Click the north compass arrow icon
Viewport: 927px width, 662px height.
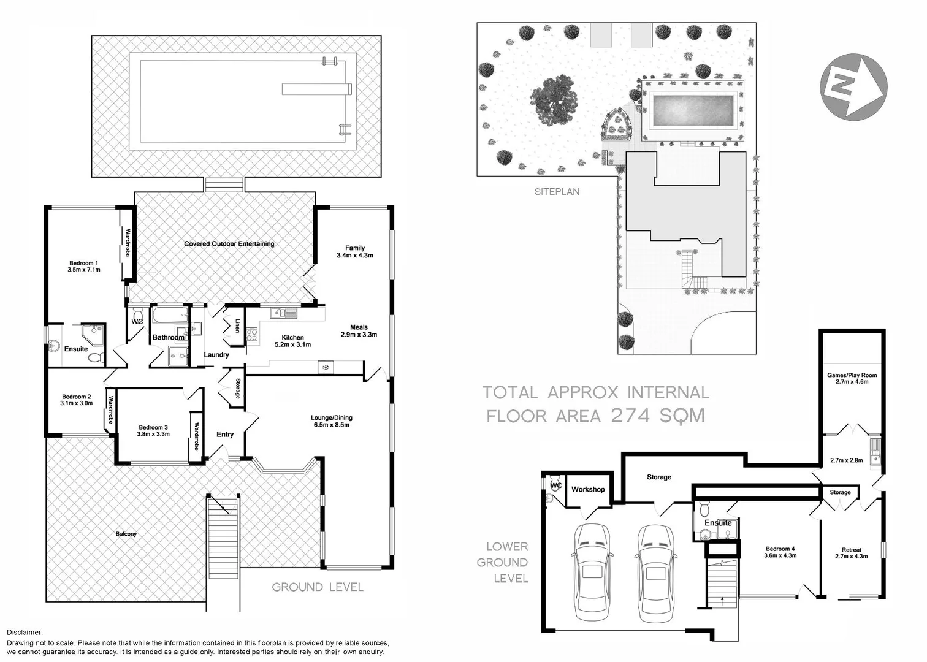(853, 87)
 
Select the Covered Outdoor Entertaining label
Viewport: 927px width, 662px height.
(229, 244)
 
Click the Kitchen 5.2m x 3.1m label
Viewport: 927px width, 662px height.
(292, 341)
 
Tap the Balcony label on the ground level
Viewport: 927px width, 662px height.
(126, 534)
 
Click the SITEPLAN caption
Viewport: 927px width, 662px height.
(557, 192)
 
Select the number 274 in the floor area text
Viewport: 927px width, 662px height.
(630, 416)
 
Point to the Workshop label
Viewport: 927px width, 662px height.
(588, 489)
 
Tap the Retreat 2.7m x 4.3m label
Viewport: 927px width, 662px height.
(851, 553)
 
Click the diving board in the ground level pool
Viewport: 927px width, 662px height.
(317, 89)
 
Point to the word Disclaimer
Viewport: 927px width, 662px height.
(25, 632)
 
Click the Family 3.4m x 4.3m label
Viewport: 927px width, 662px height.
(354, 251)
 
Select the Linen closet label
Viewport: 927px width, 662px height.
(237, 325)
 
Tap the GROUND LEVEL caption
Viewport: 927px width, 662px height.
(318, 587)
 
